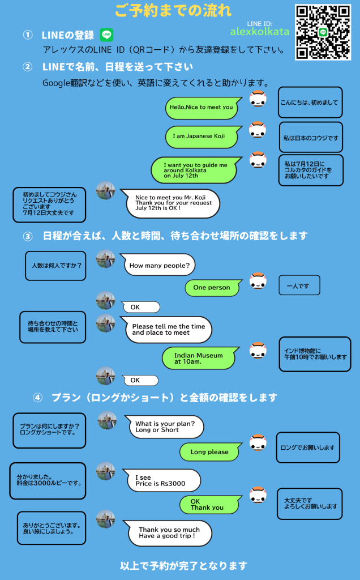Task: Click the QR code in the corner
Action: point(323,32)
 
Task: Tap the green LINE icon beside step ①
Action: point(106,35)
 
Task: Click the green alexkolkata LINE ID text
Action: point(260,31)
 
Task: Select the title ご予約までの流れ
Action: point(173,11)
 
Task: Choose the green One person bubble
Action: point(212,288)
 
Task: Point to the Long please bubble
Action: point(209,452)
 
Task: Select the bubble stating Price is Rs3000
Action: point(161,480)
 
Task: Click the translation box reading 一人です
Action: point(299,285)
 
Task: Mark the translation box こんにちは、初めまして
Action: point(310,103)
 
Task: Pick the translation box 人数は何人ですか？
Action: point(55,265)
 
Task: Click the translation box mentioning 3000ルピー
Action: point(48,480)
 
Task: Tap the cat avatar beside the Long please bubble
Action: point(258,442)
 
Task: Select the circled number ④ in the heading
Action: point(37,397)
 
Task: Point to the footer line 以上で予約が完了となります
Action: point(184,565)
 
